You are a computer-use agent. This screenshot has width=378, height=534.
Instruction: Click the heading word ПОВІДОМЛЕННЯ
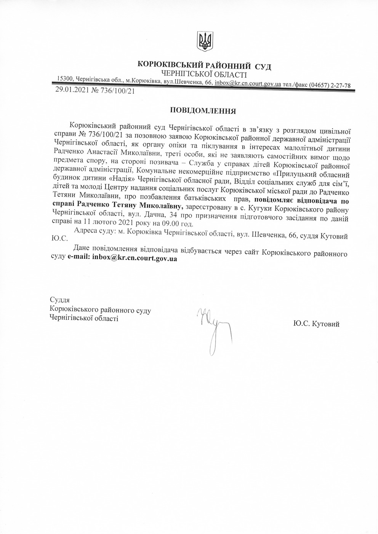(203, 111)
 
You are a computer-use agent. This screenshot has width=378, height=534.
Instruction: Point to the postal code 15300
(65, 78)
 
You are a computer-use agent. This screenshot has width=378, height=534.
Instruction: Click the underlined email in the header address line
(248, 83)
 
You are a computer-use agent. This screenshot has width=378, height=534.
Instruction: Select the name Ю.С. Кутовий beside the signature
(316, 324)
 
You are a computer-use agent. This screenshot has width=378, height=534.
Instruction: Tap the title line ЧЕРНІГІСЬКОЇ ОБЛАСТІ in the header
(204, 75)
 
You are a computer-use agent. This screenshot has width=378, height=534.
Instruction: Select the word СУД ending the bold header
(263, 67)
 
